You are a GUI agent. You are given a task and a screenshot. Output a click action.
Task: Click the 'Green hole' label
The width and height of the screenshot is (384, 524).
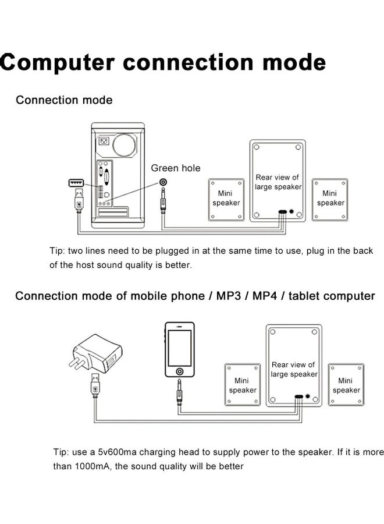click(x=176, y=168)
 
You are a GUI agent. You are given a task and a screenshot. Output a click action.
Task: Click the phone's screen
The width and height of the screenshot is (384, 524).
click(x=179, y=347)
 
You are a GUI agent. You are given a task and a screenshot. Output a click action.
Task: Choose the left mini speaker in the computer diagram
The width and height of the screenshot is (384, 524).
click(x=226, y=200)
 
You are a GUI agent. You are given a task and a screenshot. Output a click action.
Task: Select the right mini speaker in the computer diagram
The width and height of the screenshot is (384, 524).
click(x=330, y=199)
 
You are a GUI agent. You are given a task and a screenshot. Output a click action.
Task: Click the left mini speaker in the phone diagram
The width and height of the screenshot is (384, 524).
click(x=242, y=386)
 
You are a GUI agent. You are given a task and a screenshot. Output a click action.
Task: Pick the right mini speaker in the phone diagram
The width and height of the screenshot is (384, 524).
click(x=346, y=385)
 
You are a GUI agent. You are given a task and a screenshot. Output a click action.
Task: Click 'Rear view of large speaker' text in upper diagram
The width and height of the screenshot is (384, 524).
click(x=278, y=182)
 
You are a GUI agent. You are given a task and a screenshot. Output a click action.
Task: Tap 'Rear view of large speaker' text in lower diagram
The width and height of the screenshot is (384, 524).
click(x=294, y=370)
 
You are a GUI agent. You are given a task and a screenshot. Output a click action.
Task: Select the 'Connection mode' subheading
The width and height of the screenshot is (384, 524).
click(x=64, y=100)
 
